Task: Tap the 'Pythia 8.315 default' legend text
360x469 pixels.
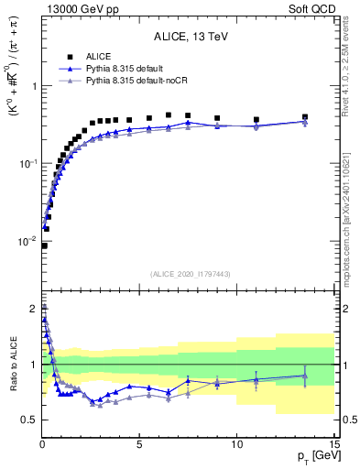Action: click(131, 70)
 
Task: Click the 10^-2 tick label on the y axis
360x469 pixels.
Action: click(27, 242)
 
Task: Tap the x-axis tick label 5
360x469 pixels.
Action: click(139, 443)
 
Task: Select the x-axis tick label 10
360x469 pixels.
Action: click(236, 443)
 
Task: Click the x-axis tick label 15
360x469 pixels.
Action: click(333, 443)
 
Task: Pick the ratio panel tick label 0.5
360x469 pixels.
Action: click(29, 420)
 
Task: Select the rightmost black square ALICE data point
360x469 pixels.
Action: click(305, 117)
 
